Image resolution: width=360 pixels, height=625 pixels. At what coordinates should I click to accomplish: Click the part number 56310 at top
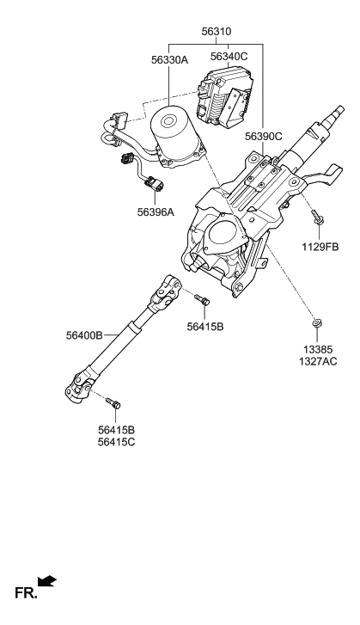point(216,31)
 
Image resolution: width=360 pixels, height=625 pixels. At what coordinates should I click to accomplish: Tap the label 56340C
point(229,57)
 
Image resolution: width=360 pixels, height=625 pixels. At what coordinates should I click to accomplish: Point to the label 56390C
point(262,137)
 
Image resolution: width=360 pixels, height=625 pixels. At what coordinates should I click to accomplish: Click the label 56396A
point(155,211)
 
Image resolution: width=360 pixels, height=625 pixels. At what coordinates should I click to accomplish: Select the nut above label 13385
point(318,325)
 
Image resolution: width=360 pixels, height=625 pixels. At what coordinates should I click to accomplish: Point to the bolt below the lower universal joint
point(113,401)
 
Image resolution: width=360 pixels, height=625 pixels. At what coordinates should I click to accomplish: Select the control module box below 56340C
point(225,96)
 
